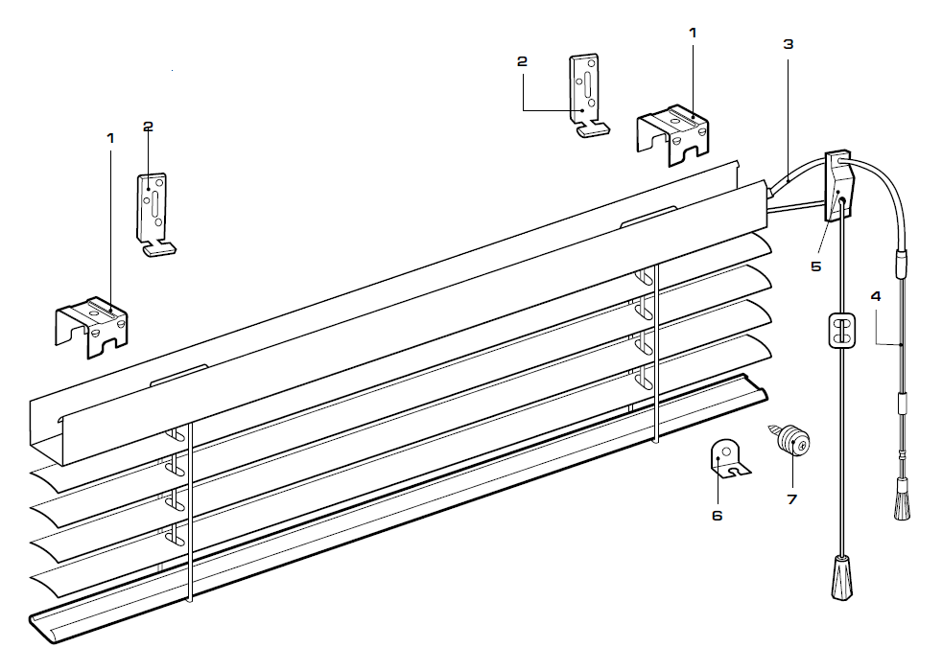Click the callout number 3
[x=788, y=44]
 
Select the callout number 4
[x=875, y=295]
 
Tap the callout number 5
[x=815, y=266]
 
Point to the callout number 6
[x=717, y=516]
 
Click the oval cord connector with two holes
[x=839, y=332]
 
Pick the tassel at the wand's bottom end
[x=902, y=502]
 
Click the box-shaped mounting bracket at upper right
[x=673, y=130]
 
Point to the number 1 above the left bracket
[x=110, y=138]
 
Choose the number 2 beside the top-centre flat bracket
[x=522, y=61]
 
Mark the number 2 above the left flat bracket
[x=148, y=126]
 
